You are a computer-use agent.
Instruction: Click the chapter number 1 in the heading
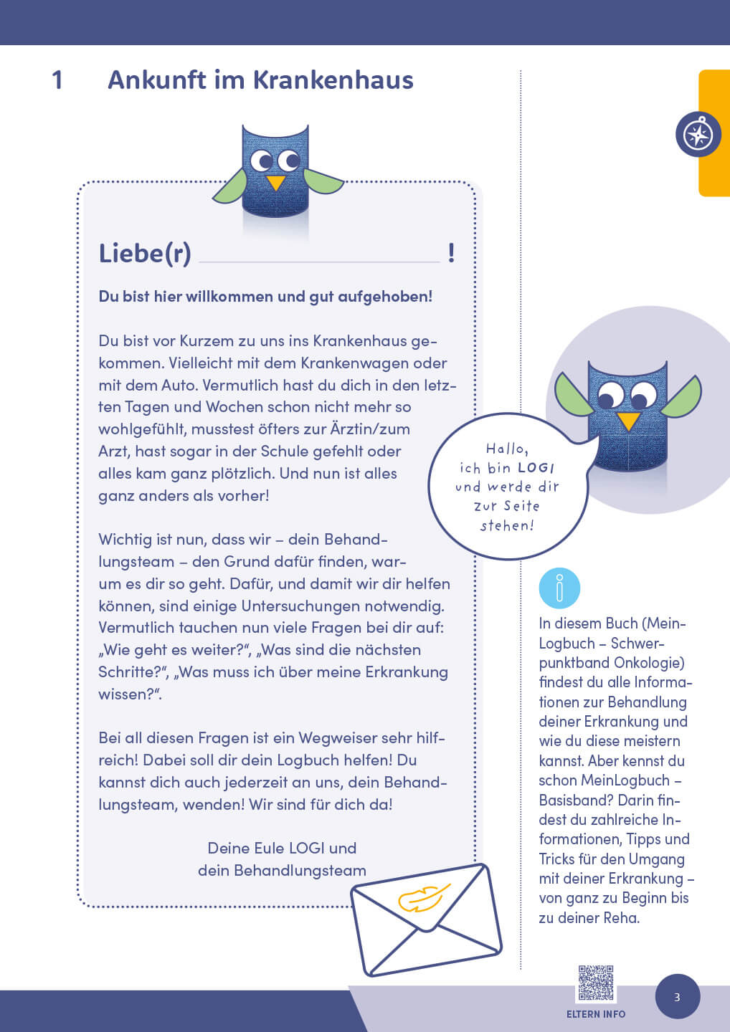[x=57, y=80]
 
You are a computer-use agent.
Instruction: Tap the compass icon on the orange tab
[x=698, y=135]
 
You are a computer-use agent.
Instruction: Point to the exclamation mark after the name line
[x=451, y=253]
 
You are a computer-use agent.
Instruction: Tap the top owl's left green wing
[x=230, y=187]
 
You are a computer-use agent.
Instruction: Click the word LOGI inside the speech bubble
[x=536, y=468]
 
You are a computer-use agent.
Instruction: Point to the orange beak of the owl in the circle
[x=628, y=421]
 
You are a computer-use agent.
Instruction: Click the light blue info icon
[x=559, y=588]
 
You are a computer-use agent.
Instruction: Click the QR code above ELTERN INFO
[x=596, y=983]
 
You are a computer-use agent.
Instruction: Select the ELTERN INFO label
[x=596, y=1014]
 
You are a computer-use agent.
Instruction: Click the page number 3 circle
[x=677, y=997]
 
